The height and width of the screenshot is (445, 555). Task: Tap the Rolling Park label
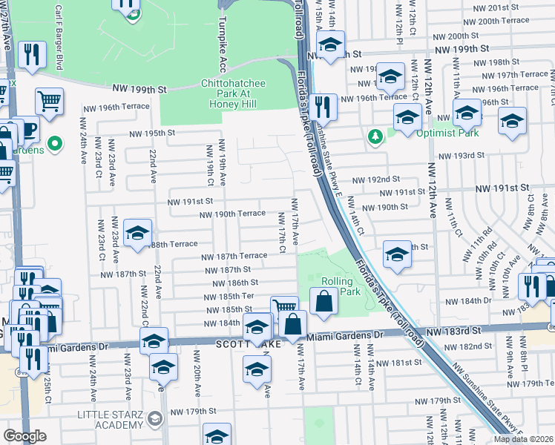(x=340, y=286)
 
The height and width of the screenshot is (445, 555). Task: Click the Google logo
(x=24, y=436)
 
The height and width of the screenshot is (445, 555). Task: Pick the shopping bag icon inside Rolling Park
(x=324, y=301)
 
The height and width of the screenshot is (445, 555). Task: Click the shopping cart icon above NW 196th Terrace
(x=49, y=101)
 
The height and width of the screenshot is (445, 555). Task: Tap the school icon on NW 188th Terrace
(x=137, y=233)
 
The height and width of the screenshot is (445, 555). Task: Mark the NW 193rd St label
(x=460, y=156)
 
